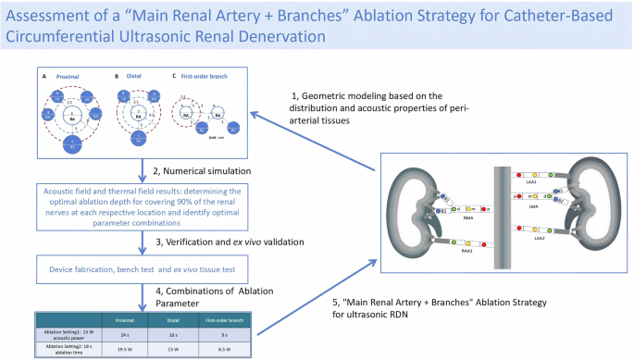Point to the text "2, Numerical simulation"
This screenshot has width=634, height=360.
click(201, 170)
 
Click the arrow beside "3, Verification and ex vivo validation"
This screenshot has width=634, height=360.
click(142, 242)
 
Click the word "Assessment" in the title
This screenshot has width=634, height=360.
click(61, 16)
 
